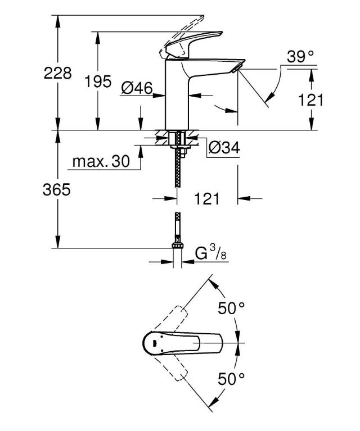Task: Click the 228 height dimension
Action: click(58, 73)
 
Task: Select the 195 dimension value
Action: click(98, 81)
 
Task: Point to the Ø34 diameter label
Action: click(224, 148)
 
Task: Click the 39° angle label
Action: click(300, 56)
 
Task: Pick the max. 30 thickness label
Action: click(101, 162)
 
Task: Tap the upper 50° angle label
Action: click(231, 307)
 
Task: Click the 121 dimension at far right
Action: click(310, 100)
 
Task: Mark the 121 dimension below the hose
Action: click(207, 198)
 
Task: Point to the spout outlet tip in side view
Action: click(236, 69)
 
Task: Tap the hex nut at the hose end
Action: click(178, 246)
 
